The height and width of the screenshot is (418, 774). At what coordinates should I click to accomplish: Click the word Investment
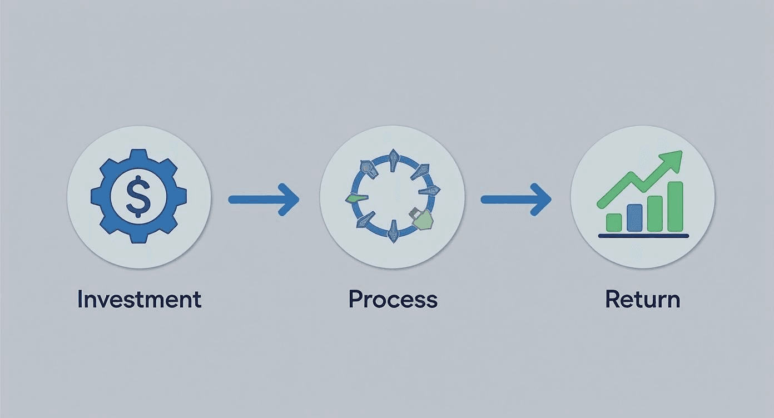[139, 300]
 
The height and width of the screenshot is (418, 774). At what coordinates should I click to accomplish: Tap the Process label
[393, 300]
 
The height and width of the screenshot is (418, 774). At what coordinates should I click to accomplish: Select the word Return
[642, 300]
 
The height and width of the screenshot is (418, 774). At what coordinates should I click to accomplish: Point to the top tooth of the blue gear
[138, 156]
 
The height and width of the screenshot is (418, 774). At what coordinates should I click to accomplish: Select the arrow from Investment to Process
[264, 198]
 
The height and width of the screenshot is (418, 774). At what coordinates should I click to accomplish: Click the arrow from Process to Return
[516, 198]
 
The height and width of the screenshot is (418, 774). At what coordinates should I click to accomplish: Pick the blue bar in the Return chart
[634, 217]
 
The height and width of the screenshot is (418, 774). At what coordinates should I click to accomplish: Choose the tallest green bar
[674, 206]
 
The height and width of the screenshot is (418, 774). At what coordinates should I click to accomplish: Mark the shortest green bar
[614, 222]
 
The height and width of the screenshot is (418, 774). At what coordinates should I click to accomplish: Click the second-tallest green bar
[654, 213]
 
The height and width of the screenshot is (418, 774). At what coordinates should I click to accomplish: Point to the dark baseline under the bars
[643, 236]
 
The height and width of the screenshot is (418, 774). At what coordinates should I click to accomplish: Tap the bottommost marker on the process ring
[393, 231]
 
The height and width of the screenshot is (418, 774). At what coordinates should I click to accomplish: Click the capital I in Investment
[80, 300]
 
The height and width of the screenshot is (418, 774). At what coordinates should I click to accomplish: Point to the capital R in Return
[612, 300]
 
